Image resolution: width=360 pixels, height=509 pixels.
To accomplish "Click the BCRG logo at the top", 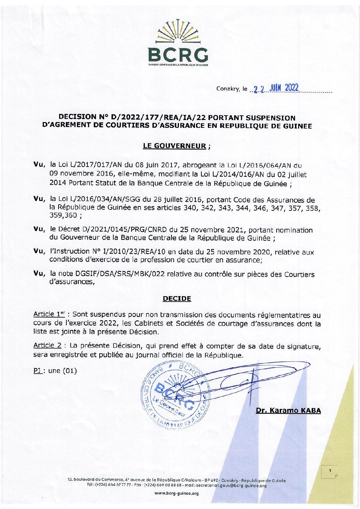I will point(178,43).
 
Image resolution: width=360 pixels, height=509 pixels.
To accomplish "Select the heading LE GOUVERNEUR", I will point(175,146).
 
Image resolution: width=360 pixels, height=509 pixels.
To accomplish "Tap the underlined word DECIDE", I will point(177,299).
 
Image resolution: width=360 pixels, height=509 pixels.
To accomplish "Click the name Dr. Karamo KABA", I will point(288,410).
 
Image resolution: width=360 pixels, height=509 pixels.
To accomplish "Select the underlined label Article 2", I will point(47,345).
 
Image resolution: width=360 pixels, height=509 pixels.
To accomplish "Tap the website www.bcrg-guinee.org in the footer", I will point(177,493).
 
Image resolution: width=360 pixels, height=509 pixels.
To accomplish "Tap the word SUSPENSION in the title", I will point(271,118).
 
